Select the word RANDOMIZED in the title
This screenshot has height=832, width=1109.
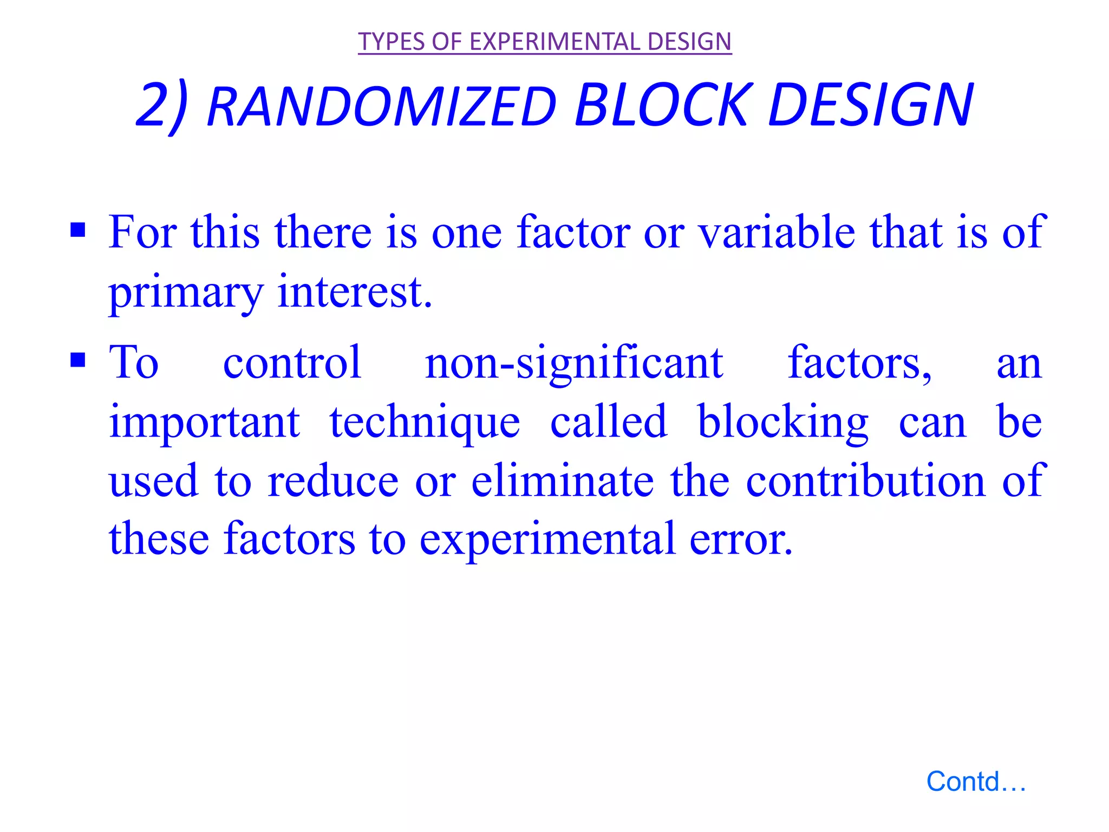(x=382, y=105)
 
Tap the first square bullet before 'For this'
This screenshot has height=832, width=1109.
(x=78, y=230)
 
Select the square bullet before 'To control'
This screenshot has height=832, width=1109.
(x=78, y=360)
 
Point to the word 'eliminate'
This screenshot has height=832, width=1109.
(x=563, y=481)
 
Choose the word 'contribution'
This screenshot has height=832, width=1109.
(x=865, y=481)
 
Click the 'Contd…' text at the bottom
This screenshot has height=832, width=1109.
(x=976, y=782)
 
